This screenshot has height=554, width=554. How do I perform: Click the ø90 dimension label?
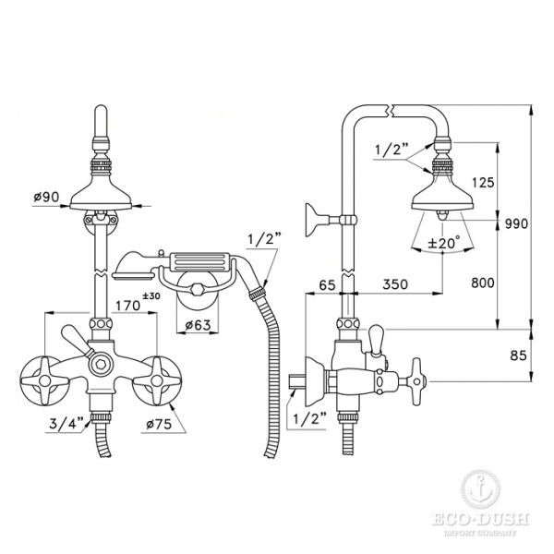pyautogui.click(x=47, y=197)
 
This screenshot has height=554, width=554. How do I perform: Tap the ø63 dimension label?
pyautogui.click(x=198, y=324)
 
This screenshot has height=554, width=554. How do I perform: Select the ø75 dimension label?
pyautogui.click(x=159, y=423)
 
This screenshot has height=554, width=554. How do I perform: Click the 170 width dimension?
pyautogui.click(x=128, y=305)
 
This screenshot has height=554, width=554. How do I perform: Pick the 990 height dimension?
pyautogui.click(x=516, y=223)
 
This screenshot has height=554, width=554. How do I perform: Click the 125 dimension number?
pyautogui.click(x=483, y=182)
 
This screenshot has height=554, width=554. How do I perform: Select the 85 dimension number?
pyautogui.click(x=518, y=355)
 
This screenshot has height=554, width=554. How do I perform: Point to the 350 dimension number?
pyautogui.click(x=395, y=283)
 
